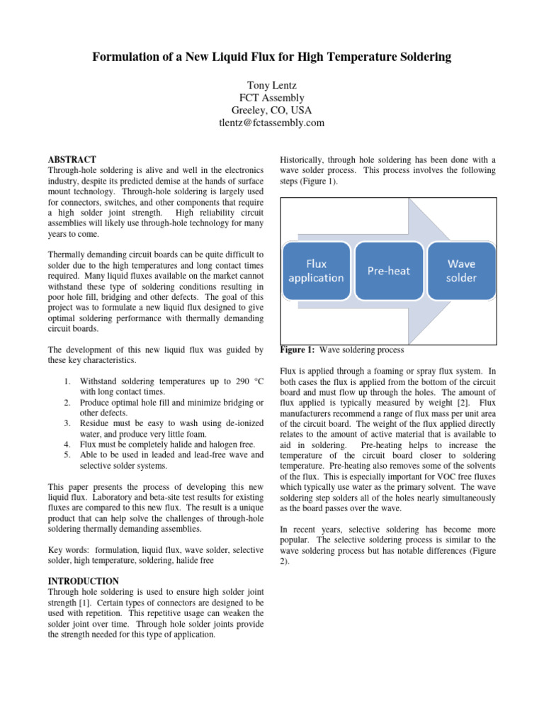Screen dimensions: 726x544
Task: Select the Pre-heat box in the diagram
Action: tap(388, 270)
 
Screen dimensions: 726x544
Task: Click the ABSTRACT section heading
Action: tap(72, 160)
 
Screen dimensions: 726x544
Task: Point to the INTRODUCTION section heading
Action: tap(83, 581)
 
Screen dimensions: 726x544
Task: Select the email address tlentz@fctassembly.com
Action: tap(271, 123)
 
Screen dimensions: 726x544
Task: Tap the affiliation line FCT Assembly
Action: tap(271, 96)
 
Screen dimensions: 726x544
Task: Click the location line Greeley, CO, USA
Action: tap(271, 110)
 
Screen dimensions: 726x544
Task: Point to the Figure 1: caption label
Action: tap(297, 350)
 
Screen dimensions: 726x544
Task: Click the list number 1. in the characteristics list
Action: tap(67, 381)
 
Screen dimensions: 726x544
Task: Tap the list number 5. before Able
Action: tap(67, 454)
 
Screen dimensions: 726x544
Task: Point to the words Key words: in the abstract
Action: tap(68, 550)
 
